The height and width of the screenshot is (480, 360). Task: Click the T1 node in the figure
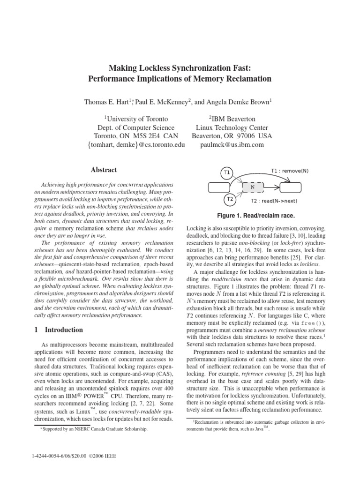coord(226,172)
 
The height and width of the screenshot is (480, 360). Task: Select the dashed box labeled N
coord(253,186)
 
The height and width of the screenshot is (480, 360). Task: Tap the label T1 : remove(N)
coord(290,171)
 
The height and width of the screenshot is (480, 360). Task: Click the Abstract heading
coord(104,170)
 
